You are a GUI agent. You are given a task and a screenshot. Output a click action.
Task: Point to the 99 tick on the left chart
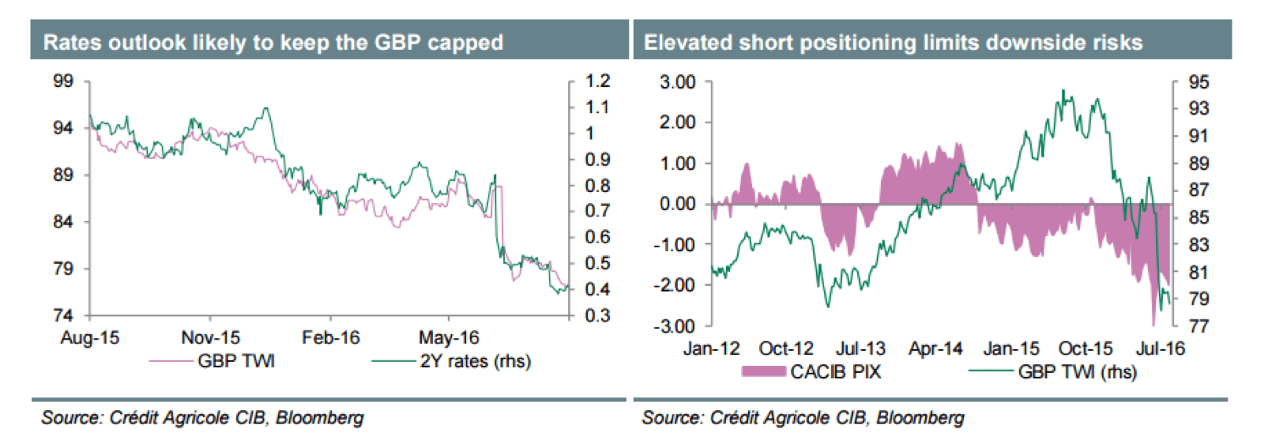click(x=63, y=81)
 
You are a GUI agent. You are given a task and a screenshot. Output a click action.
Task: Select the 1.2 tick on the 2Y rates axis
click(x=598, y=81)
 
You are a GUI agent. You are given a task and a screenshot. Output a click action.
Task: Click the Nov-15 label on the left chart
click(x=210, y=338)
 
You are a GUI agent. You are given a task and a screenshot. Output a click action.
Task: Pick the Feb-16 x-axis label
click(x=330, y=338)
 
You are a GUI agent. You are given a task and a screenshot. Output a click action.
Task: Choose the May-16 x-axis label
click(x=449, y=338)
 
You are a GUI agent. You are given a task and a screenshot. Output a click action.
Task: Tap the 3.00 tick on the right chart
click(x=677, y=82)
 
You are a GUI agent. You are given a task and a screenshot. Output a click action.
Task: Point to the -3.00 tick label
click(x=674, y=325)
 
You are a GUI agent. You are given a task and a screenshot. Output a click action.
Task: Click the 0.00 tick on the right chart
click(x=677, y=204)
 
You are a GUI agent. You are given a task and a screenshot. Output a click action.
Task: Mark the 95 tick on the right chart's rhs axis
click(x=1199, y=82)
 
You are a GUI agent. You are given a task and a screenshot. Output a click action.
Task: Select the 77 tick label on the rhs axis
click(x=1199, y=325)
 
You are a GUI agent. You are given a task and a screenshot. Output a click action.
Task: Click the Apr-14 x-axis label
click(x=935, y=348)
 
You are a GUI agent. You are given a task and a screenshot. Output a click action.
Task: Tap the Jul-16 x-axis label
click(x=1160, y=348)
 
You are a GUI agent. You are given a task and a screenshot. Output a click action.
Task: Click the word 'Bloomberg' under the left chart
click(x=320, y=417)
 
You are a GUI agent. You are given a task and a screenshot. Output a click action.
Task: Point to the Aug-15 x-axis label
click(x=89, y=338)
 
